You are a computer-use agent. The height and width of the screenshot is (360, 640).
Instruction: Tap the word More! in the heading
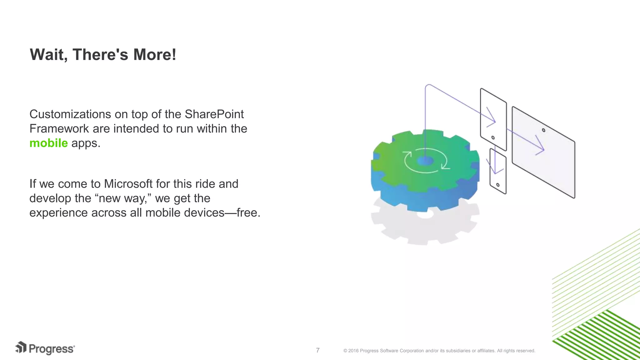(x=154, y=55)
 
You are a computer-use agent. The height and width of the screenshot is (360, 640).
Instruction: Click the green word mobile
(x=48, y=143)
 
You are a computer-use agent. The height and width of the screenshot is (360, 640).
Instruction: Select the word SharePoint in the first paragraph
(x=214, y=114)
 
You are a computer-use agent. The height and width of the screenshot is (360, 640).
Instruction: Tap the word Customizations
(x=70, y=114)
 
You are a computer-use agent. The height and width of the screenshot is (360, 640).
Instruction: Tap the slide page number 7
(x=317, y=350)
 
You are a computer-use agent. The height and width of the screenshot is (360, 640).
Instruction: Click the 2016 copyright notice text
(x=439, y=351)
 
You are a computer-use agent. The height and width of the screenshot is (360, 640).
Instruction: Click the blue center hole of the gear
(x=425, y=161)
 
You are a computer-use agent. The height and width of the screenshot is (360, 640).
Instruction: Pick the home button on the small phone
(x=498, y=185)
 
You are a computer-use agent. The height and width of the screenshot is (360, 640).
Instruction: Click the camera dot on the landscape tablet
(x=543, y=130)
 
